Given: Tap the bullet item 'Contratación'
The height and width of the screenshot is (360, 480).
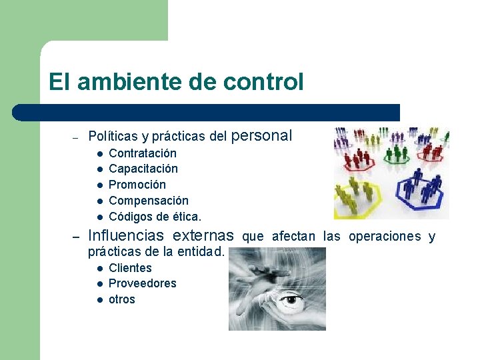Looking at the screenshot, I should (143, 153).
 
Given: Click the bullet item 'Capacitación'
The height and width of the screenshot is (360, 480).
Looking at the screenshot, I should (143, 169).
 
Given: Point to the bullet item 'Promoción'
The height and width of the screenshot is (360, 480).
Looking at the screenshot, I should (137, 185).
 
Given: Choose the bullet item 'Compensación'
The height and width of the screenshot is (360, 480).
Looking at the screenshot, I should (149, 201).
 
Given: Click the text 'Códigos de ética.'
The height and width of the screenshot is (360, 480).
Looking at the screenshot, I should (155, 217).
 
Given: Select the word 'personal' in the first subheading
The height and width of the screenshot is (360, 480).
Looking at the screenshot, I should (262, 136).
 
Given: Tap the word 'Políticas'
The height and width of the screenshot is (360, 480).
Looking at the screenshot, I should (111, 137).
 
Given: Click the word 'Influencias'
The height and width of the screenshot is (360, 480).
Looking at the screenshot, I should (126, 235).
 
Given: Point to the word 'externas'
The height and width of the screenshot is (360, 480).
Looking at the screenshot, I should (203, 235).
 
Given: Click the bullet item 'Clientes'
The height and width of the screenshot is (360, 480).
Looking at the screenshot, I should (130, 268).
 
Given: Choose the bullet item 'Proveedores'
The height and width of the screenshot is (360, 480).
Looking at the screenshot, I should (143, 283).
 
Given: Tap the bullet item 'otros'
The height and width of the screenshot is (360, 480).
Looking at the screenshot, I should (122, 299).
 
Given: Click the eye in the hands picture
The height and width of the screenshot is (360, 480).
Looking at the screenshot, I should (291, 300).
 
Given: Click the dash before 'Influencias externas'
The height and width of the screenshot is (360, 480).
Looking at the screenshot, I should (77, 237).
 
